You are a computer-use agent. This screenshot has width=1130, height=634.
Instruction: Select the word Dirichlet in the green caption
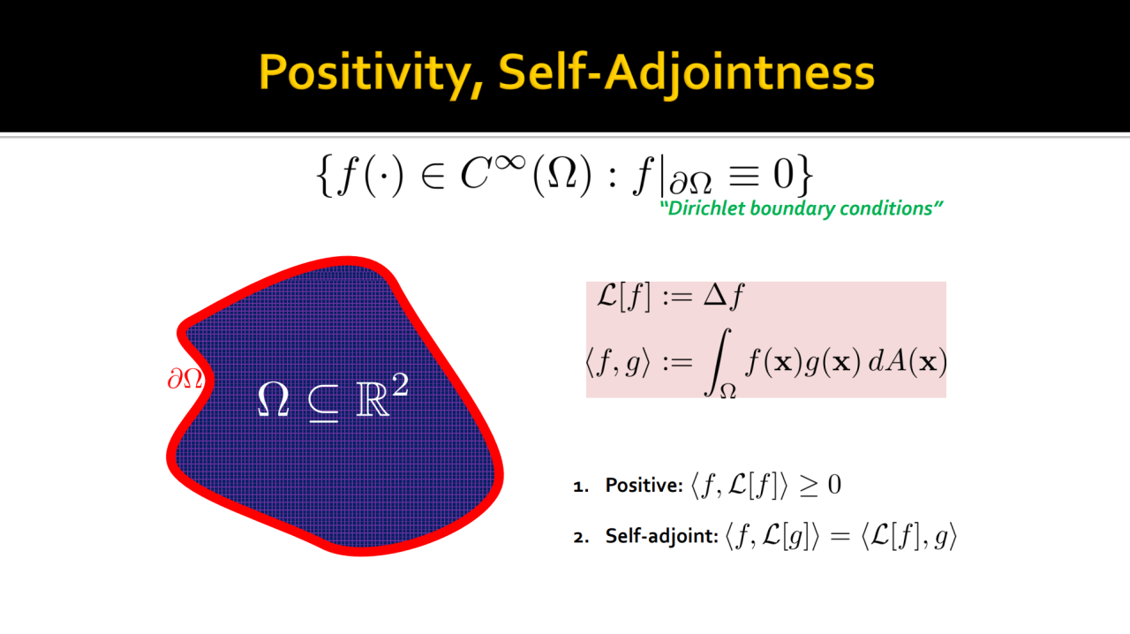click(x=704, y=208)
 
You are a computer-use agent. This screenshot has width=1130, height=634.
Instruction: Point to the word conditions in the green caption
click(x=891, y=208)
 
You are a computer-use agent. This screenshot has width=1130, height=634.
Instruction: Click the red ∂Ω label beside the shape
click(x=185, y=379)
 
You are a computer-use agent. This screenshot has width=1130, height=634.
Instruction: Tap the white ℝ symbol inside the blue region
click(x=373, y=399)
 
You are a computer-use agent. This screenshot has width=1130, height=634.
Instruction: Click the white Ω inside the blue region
click(x=274, y=399)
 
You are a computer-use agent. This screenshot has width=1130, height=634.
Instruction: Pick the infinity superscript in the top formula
click(x=510, y=163)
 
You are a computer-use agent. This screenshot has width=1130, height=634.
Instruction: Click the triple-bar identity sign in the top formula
click(x=744, y=177)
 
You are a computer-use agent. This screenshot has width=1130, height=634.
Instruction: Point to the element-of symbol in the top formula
click(x=433, y=177)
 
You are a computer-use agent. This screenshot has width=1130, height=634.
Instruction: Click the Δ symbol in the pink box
click(x=716, y=295)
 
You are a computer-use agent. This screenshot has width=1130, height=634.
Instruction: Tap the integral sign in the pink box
click(x=718, y=361)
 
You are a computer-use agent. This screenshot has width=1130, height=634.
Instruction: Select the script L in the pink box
click(x=606, y=295)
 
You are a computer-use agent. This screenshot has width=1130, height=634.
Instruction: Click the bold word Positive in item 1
click(x=644, y=485)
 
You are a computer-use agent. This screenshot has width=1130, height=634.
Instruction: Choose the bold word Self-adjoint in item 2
click(x=662, y=536)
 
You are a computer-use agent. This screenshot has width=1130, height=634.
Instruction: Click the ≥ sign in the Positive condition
click(x=809, y=487)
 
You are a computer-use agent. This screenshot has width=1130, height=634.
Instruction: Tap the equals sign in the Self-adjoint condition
click(x=840, y=537)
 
